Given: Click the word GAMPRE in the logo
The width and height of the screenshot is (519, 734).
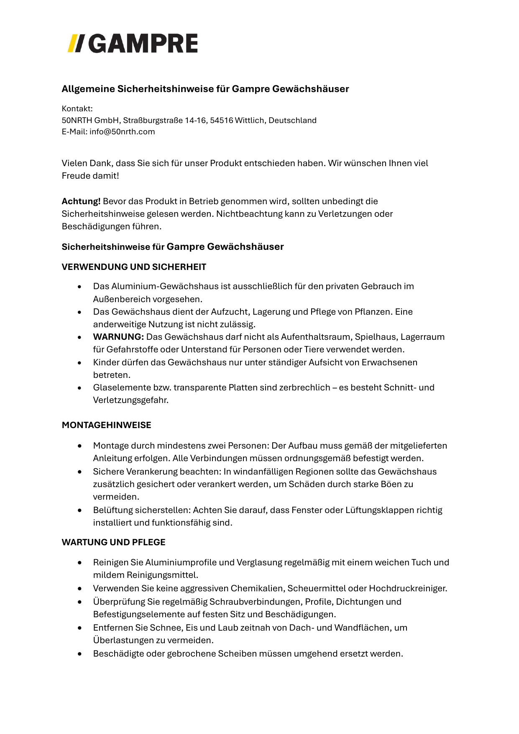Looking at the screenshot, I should [x=143, y=44].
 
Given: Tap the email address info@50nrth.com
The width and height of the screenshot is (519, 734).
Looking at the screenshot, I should [x=122, y=132].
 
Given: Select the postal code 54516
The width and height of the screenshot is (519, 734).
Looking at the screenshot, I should [x=221, y=121].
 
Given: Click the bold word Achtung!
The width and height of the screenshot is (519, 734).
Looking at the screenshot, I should [x=81, y=201].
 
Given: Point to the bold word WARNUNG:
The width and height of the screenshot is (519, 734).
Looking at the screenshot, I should [x=118, y=337].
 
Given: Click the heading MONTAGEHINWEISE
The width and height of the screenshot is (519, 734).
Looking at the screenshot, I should [x=107, y=425].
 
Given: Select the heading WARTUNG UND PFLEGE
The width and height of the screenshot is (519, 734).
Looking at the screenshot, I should [x=114, y=542].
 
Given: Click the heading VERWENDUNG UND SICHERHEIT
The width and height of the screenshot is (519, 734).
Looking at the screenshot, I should [x=134, y=267].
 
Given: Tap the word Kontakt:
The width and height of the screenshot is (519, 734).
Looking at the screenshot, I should [x=77, y=109].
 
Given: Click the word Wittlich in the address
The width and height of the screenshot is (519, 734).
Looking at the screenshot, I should [x=249, y=121].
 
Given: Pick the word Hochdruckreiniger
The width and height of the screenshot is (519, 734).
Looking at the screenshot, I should [x=409, y=588].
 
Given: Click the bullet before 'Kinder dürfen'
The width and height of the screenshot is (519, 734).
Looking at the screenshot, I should [x=79, y=363].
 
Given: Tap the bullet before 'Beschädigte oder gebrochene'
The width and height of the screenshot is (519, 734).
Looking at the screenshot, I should [x=79, y=654].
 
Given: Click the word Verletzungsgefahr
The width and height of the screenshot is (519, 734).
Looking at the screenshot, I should [x=131, y=400].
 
